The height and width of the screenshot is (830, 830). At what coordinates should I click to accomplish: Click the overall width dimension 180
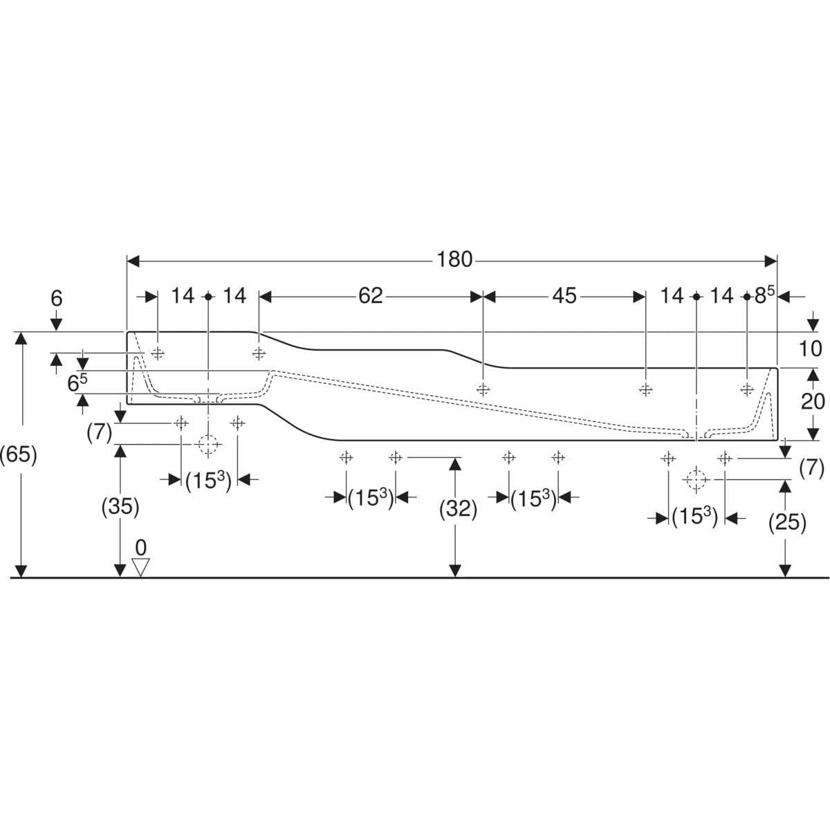point(454,260)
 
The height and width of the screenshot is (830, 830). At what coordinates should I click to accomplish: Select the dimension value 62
point(371,296)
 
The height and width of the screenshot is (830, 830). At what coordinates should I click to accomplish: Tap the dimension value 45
point(564,296)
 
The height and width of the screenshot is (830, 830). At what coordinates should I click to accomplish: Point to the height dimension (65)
point(19,456)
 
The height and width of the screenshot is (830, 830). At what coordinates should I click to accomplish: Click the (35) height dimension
point(120,507)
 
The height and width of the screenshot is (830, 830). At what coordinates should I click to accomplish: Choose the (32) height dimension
point(459,510)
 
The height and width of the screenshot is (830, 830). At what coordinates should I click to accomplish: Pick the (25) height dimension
point(787,523)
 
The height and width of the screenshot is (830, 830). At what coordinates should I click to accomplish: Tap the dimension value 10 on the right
point(810,349)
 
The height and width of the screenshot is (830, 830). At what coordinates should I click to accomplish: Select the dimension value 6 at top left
point(57,299)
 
